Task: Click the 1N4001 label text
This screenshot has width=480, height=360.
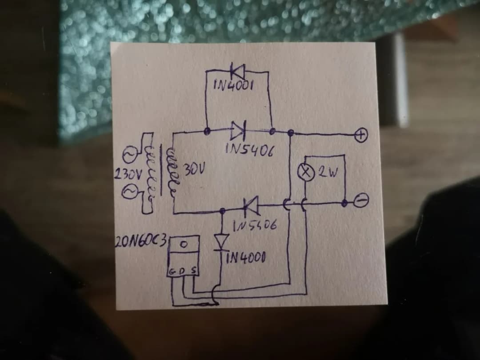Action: [x=234, y=84]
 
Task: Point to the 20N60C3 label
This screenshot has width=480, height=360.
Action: [x=140, y=242]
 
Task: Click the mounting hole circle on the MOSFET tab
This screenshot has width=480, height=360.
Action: [x=185, y=244]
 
